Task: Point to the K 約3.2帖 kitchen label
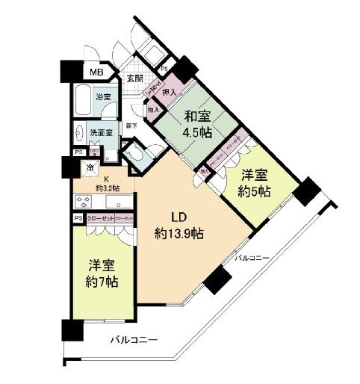pos(106,184)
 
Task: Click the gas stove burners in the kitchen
pos(83,202)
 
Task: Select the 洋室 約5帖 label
pos(255,182)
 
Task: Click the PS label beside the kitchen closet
pos(78,218)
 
